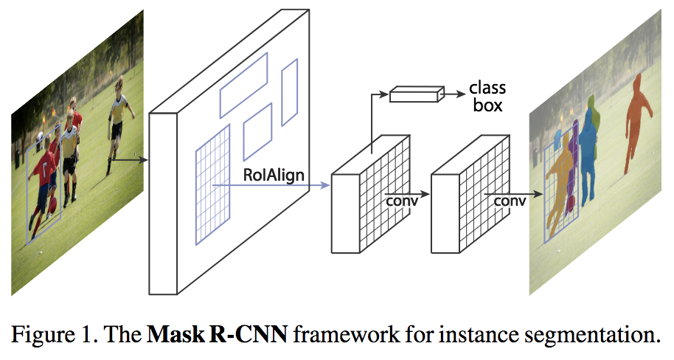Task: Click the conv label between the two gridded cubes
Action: coord(402,200)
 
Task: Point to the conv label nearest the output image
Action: coord(510,200)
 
